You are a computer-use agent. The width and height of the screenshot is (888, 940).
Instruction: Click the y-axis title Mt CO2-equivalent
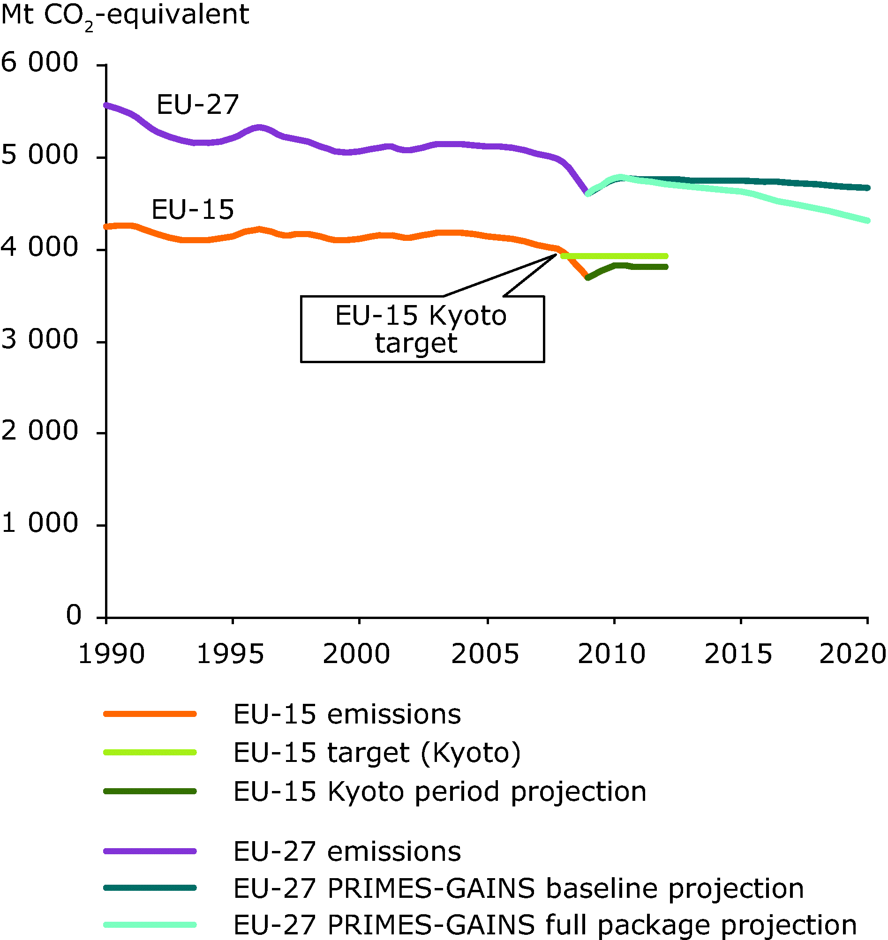click(125, 15)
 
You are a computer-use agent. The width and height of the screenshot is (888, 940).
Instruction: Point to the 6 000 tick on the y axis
click(40, 62)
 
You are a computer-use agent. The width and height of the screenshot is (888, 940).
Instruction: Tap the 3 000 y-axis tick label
click(40, 339)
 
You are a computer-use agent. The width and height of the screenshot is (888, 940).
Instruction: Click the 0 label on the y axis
click(73, 615)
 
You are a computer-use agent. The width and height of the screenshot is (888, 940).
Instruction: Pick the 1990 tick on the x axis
click(111, 654)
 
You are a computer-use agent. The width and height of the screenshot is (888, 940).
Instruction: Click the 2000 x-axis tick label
click(356, 654)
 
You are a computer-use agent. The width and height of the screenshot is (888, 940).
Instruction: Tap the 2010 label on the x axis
click(611, 654)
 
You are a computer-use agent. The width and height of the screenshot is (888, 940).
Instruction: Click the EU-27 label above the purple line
click(197, 104)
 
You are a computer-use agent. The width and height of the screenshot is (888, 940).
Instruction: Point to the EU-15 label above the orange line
click(193, 209)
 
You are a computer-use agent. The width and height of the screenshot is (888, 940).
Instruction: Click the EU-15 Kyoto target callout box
click(422, 329)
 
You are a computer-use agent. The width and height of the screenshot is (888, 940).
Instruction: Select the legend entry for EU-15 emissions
click(347, 714)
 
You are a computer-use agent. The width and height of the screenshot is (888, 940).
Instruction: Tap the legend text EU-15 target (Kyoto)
click(377, 753)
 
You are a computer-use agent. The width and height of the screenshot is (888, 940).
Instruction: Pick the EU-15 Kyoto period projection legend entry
click(440, 791)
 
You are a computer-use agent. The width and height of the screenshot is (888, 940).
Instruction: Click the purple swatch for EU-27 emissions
click(150, 851)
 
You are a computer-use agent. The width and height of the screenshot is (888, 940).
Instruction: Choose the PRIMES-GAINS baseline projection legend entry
click(519, 888)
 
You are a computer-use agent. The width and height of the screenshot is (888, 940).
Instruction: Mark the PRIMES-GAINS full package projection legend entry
click(545, 925)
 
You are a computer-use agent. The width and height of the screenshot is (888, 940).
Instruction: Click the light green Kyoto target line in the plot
click(615, 256)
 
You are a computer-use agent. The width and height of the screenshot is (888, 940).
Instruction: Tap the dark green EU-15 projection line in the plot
click(648, 267)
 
